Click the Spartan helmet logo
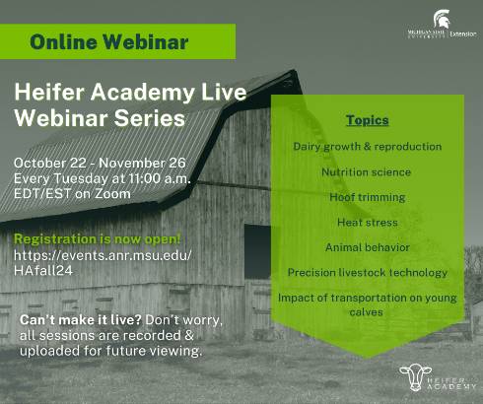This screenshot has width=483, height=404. coord(442,19)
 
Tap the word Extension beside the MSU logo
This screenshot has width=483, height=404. coord(462,34)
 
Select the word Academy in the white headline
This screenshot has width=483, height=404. coord(143,93)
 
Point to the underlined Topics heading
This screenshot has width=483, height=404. coord(368,120)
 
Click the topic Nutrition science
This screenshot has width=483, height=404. coord(366,172)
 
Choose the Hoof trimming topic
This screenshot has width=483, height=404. coord(368,197)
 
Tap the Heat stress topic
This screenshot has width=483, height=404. coord(368,223)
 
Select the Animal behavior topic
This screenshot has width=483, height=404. coord(368,247)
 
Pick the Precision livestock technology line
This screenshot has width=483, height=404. coord(368,273)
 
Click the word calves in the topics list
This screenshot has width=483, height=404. coord(366,311)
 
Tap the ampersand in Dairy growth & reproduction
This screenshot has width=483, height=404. coord(368,147)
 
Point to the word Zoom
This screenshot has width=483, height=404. coord(112,194)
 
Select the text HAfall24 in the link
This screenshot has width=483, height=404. coord(43,271)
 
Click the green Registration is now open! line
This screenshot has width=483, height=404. coord(98,239)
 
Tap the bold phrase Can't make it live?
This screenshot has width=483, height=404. coord(81,320)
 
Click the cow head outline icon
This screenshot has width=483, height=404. coord(415,376)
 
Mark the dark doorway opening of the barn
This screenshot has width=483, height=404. coord(257,251)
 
